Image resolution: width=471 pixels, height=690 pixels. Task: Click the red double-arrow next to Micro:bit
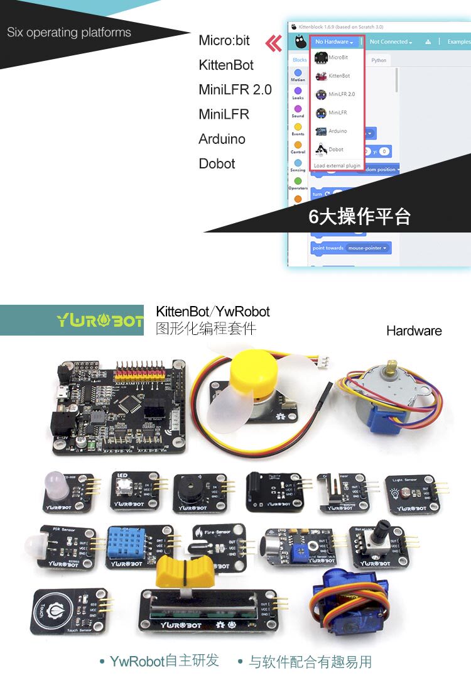coord(273,43)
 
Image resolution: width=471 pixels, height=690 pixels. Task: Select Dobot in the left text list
coord(217,163)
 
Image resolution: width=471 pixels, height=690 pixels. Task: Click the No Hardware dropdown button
coord(334,42)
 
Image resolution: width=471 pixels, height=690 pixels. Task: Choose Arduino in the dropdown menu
coord(337,131)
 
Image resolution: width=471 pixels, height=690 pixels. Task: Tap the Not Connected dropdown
coord(391,42)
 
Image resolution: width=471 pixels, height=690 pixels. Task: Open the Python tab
coord(379,60)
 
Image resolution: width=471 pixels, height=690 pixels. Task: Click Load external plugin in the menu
coord(337,166)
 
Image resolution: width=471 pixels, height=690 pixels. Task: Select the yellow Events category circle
coord(298,127)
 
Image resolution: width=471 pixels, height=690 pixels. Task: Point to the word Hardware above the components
coord(414,331)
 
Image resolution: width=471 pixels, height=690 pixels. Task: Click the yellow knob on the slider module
coord(177,571)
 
